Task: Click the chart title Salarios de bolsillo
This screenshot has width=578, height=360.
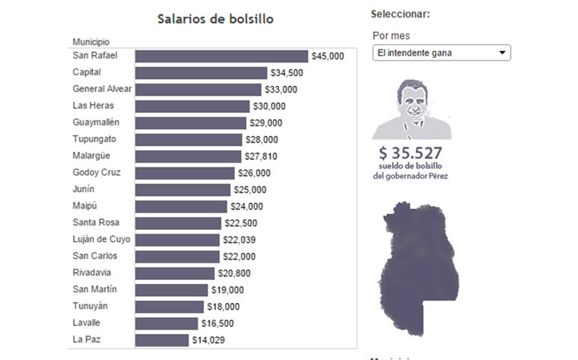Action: (x=215, y=18)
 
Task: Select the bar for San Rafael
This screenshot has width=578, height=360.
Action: (x=221, y=56)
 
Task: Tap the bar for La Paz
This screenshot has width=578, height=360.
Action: (x=162, y=340)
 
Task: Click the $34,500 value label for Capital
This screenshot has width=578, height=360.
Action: (x=287, y=73)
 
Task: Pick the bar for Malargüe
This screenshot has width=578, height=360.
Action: (x=189, y=156)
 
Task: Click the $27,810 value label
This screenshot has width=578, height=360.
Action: (x=261, y=156)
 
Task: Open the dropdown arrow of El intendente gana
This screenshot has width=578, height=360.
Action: (x=502, y=53)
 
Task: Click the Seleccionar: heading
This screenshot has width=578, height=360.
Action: (x=400, y=14)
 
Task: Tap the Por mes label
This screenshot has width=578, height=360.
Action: (x=391, y=36)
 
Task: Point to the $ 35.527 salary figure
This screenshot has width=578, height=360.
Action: (x=411, y=151)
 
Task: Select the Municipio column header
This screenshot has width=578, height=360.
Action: (x=91, y=40)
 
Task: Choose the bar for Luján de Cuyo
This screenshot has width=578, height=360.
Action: (x=178, y=240)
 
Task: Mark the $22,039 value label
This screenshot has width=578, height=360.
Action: (x=241, y=240)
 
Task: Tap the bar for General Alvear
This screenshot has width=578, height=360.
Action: (x=198, y=89)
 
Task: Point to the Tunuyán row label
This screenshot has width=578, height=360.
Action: (x=90, y=306)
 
